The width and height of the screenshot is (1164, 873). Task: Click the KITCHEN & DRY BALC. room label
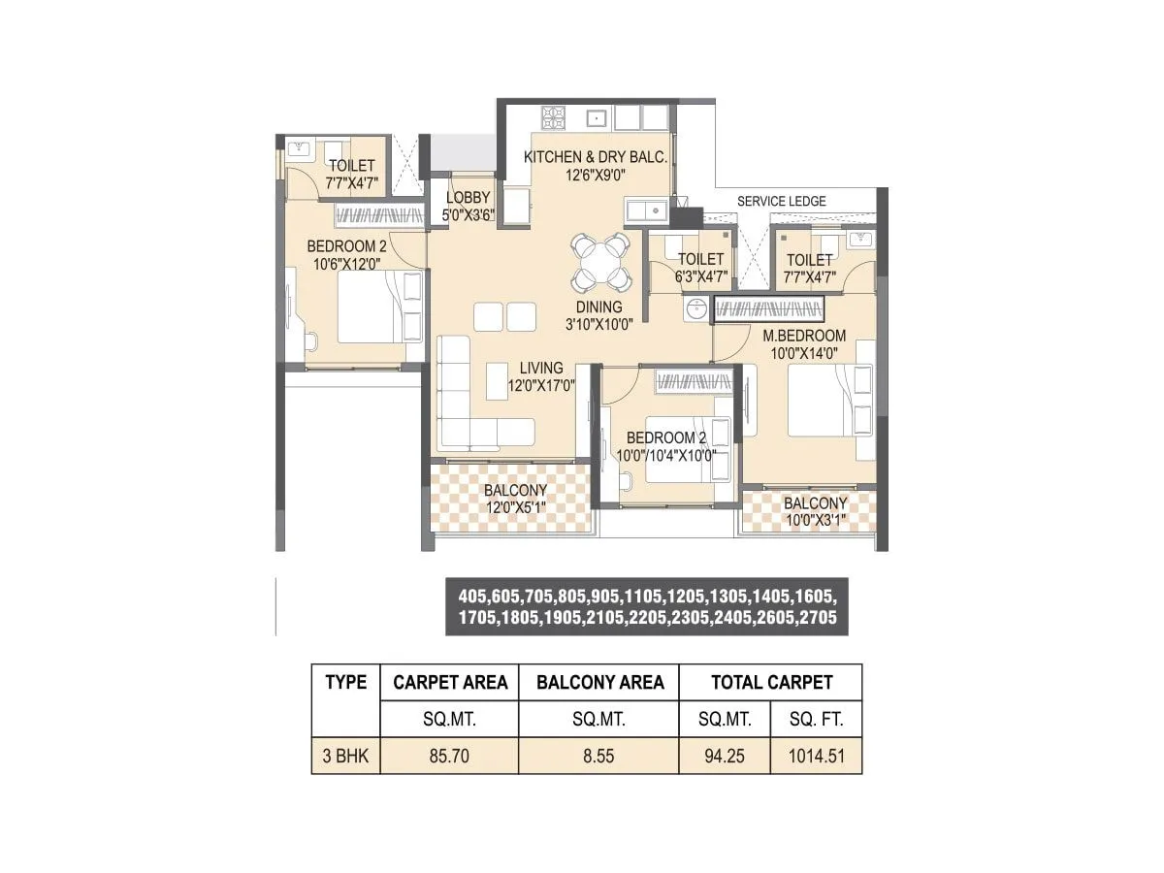pyautogui.click(x=596, y=157)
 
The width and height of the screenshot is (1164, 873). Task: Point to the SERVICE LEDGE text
pyautogui.click(x=782, y=201)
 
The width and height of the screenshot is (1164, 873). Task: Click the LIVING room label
pyautogui.click(x=540, y=368)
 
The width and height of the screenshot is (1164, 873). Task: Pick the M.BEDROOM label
pyautogui.click(x=804, y=336)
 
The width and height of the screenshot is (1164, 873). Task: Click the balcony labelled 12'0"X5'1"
pyautogui.click(x=515, y=499)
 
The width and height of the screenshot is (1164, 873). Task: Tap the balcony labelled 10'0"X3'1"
pyautogui.click(x=815, y=511)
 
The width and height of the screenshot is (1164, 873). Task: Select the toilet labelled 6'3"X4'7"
pyautogui.click(x=700, y=267)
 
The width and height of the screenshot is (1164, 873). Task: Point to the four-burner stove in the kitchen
pyautogui.click(x=554, y=117)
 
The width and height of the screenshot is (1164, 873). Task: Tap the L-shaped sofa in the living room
pyautogui.click(x=466, y=407)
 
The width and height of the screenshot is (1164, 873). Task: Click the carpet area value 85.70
pyautogui.click(x=449, y=756)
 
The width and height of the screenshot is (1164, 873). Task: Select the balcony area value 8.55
pyautogui.click(x=598, y=756)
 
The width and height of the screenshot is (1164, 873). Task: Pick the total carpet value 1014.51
pyautogui.click(x=815, y=756)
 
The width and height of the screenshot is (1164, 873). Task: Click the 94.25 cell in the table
pyautogui.click(x=725, y=756)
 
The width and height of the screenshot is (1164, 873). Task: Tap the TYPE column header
pyautogui.click(x=345, y=682)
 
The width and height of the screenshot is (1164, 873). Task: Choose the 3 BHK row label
pyautogui.click(x=345, y=756)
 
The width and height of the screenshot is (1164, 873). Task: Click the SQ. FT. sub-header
pyautogui.click(x=815, y=720)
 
